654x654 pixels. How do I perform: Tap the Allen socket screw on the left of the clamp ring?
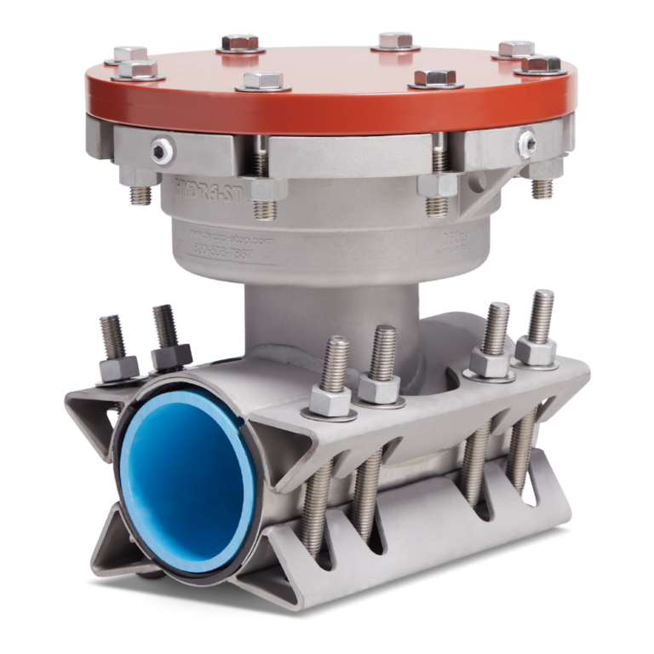click(158, 151)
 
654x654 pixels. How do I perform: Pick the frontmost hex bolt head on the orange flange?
click(264, 81)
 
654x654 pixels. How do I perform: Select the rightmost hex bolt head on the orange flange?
click(540, 65)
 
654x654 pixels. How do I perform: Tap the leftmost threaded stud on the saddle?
click(111, 335)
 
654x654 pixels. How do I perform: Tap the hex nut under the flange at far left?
click(135, 179)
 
